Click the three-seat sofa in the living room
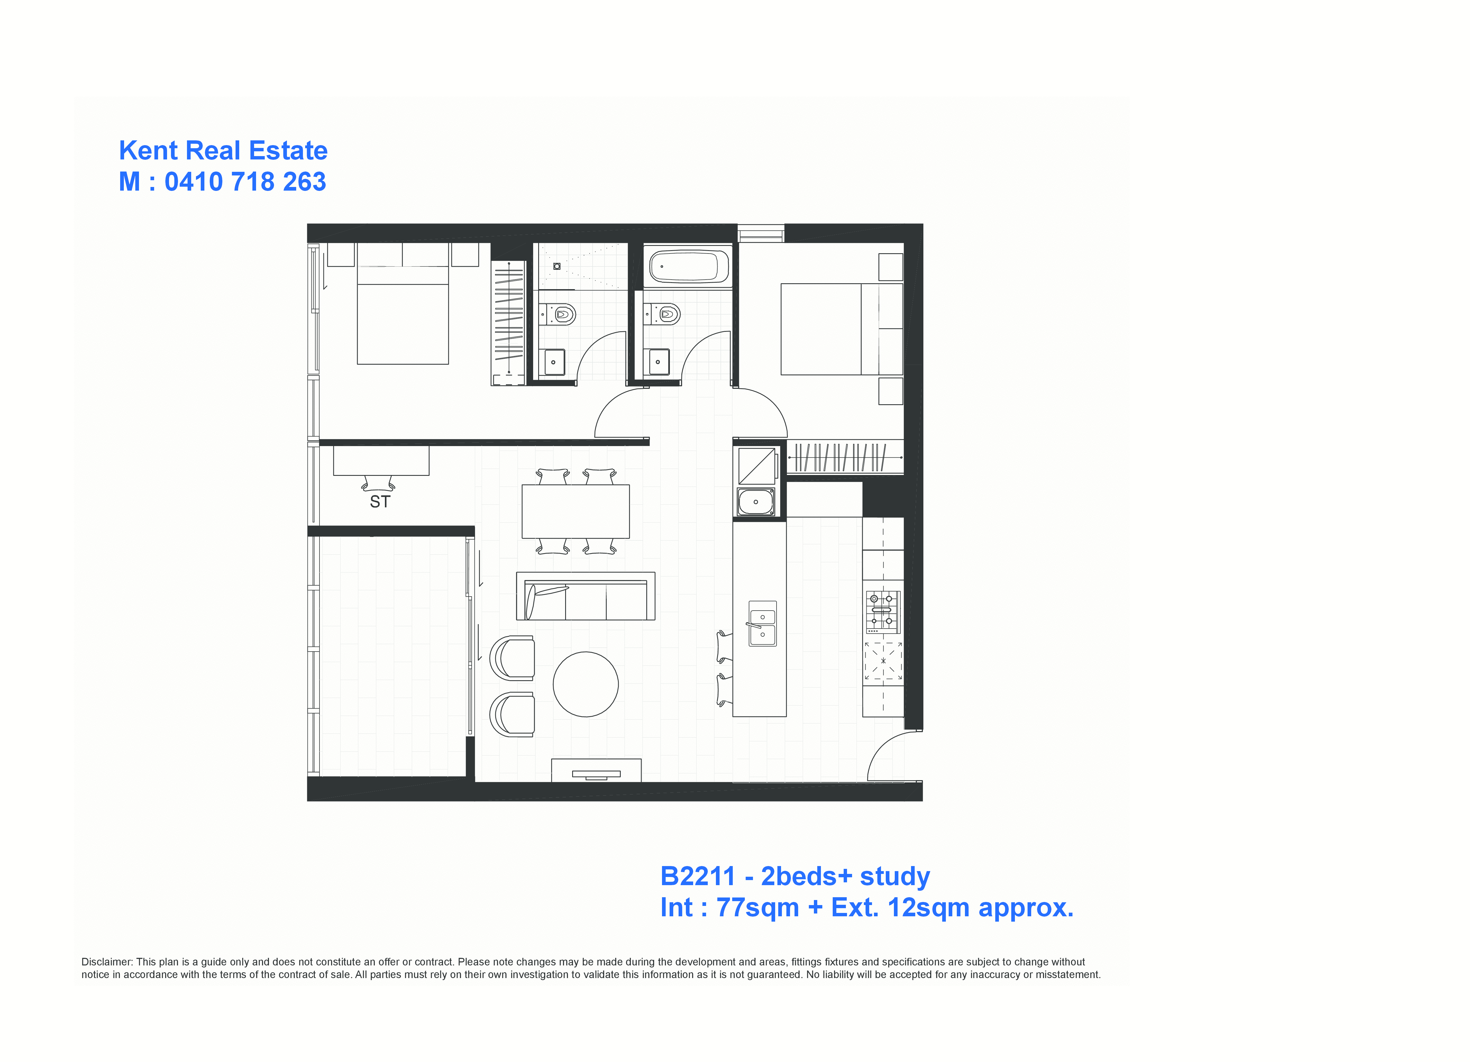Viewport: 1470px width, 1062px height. pos(585,596)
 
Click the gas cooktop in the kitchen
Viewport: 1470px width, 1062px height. pos(883,612)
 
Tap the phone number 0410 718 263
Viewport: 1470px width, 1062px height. pos(245,181)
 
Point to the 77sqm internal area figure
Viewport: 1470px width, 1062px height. pos(758,908)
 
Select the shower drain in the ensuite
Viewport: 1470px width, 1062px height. pos(557,266)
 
